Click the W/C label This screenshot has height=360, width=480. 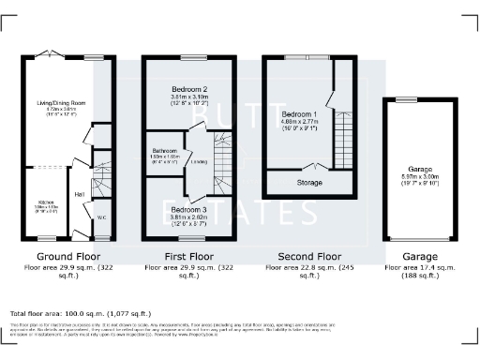point(102,217)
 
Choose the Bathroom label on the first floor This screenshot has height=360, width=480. point(163,150)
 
